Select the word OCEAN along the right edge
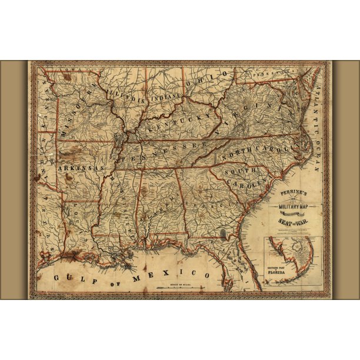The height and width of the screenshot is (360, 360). click(x=318, y=155)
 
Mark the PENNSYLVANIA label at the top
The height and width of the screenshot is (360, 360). click(x=269, y=75)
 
